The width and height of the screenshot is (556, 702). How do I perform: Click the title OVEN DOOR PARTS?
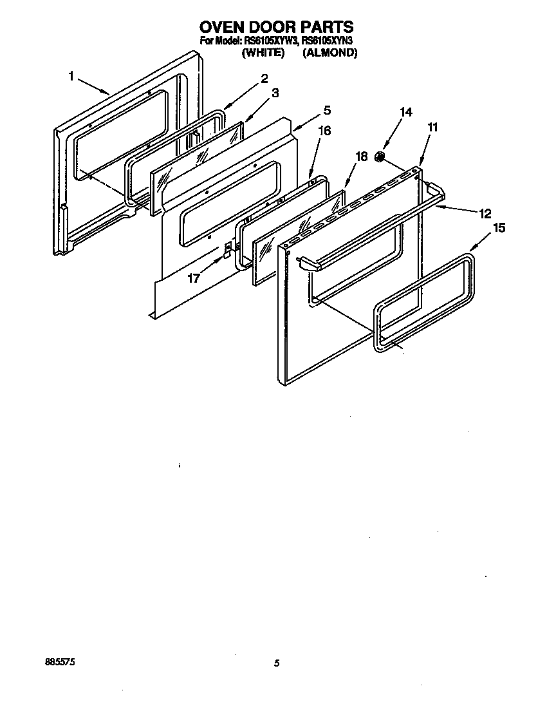click(277, 26)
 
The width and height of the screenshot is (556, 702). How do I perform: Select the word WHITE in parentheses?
click(262, 53)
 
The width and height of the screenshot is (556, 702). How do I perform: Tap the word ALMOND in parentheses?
click(329, 53)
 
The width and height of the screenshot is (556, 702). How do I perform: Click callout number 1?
click(72, 77)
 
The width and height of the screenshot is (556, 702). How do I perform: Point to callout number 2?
click(264, 79)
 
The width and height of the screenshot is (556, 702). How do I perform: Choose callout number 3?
click(275, 93)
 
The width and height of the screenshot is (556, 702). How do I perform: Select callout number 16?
click(325, 131)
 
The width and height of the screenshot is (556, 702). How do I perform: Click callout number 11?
click(432, 128)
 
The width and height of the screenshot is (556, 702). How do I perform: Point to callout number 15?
click(499, 227)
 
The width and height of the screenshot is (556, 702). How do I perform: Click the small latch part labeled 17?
click(227, 251)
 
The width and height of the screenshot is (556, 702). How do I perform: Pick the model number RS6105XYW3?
click(269, 42)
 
